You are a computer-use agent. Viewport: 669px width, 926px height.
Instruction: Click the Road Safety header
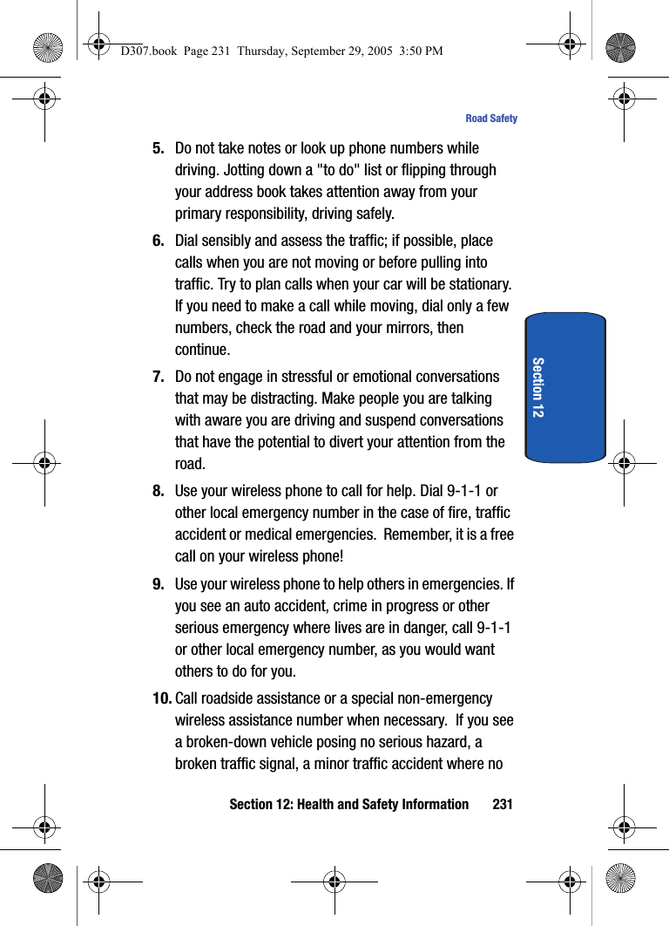pos(491,119)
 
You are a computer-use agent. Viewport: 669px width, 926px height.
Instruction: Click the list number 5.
pos(159,148)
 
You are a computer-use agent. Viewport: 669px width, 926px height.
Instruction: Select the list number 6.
pos(159,241)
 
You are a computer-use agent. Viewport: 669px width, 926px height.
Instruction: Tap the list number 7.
pos(159,377)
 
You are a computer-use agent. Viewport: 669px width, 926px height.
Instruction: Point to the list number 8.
pos(159,491)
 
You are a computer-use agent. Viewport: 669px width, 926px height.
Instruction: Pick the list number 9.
pos(159,584)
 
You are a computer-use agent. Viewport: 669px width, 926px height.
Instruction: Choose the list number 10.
pos(162,698)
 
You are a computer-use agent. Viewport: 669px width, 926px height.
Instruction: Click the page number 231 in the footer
pos(503,804)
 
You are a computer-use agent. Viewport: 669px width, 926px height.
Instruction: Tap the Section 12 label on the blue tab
pos(537,387)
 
